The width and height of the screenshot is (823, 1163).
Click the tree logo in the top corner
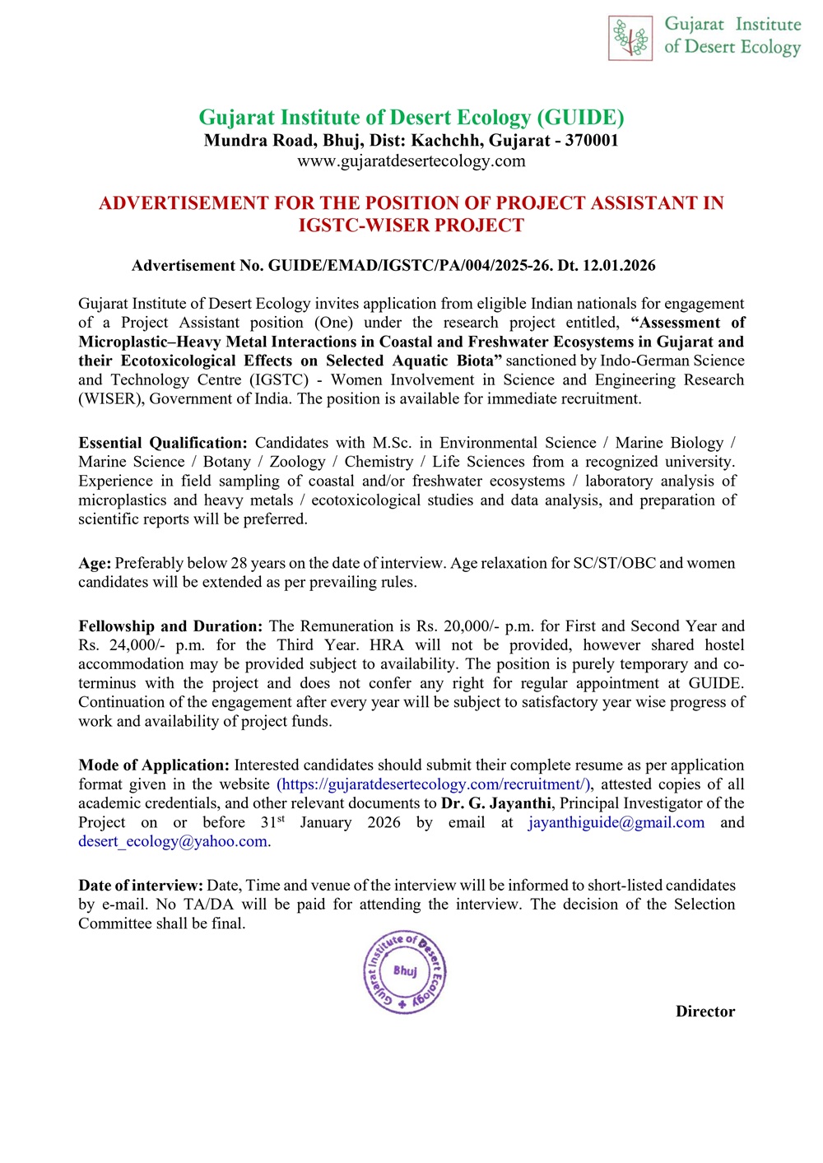[x=630, y=38]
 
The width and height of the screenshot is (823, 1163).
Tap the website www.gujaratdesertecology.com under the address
[x=411, y=160]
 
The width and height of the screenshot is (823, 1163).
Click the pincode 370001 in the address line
[x=592, y=140]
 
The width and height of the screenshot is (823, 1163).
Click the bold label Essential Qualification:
[x=163, y=443]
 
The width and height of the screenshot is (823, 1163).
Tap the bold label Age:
[x=95, y=563]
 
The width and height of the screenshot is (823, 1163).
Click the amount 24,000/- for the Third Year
[x=137, y=645]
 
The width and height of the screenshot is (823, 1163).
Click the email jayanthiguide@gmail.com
[x=616, y=822]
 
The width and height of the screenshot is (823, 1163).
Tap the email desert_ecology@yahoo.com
[x=174, y=841]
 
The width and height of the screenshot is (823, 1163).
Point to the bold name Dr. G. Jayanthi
[x=496, y=803]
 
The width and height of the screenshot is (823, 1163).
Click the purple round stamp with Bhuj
[x=405, y=973]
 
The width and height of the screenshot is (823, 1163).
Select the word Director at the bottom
[x=705, y=1012]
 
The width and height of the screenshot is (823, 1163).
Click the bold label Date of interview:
[x=141, y=886]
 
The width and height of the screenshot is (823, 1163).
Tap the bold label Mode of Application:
[x=154, y=765]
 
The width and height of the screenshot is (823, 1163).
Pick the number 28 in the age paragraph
[x=239, y=563]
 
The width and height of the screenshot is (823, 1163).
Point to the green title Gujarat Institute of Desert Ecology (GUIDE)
[x=411, y=118]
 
